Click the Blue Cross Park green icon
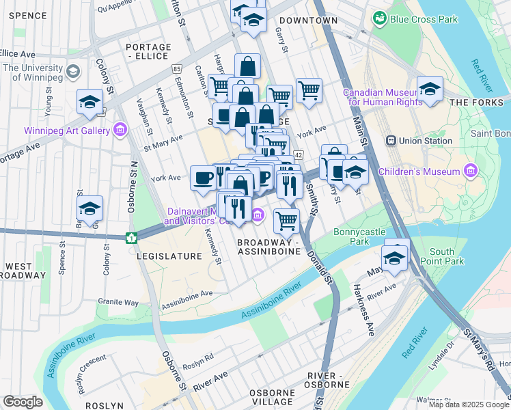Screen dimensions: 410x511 (x=378, y=19)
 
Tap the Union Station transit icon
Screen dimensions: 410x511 (x=391, y=141)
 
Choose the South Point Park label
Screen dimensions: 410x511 (x=447, y=256)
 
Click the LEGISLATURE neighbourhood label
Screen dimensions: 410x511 (x=169, y=256)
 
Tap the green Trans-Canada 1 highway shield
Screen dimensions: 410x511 (x=131, y=238)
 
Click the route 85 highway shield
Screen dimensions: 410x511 (x=177, y=69)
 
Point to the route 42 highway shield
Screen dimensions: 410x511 (x=299, y=156)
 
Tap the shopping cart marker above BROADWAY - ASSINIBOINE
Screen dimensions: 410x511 (x=286, y=221)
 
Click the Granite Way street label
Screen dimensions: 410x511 (x=118, y=301)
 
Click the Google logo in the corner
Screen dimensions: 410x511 (x=23, y=401)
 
